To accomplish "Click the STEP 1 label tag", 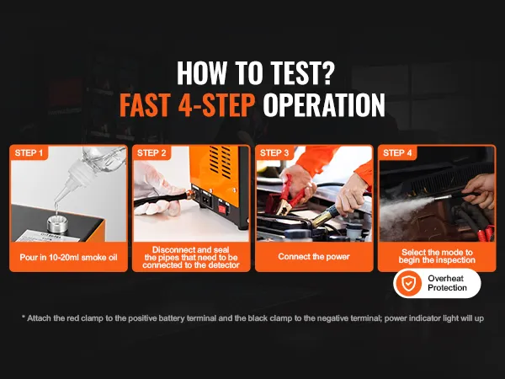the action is click(x=29, y=152).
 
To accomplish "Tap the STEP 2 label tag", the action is click(x=151, y=152).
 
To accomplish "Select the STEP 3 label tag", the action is click(x=274, y=152).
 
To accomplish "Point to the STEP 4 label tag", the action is click(x=397, y=152).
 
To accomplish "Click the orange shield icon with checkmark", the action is click(x=408, y=283).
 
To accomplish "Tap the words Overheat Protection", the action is click(x=447, y=283).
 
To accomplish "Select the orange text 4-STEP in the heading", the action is click(x=216, y=105).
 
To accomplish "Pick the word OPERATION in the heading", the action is click(x=324, y=105).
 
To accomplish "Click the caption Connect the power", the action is click(x=314, y=257).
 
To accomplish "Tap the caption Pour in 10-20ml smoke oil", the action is click(x=69, y=257).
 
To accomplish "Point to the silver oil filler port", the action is click(x=57, y=223).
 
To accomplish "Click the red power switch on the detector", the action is click(x=222, y=209).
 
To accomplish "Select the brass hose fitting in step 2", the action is click(x=190, y=195).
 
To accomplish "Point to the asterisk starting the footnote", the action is click(x=24, y=318).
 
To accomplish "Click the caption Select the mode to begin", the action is click(x=437, y=256).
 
